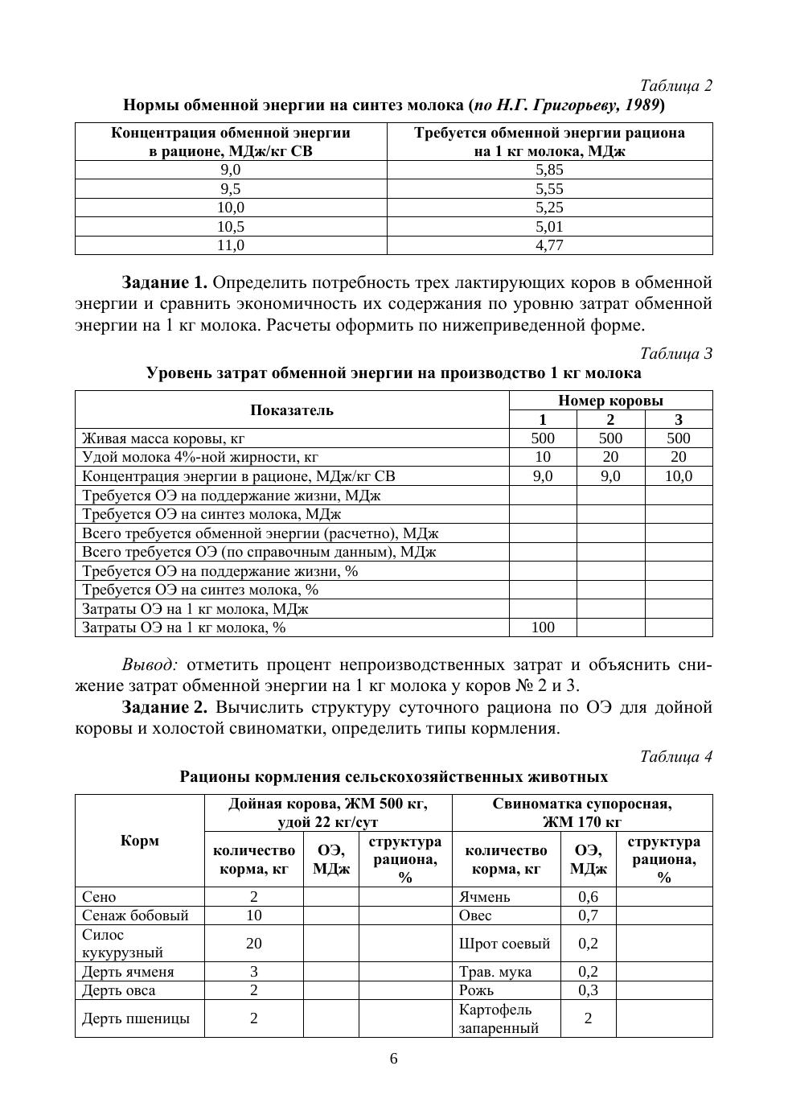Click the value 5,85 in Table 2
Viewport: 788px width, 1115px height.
pos(549,170)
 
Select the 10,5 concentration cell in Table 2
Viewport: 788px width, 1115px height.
pos(231,227)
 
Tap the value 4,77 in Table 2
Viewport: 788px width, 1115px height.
pos(549,245)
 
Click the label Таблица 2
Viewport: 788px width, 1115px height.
pos(675,85)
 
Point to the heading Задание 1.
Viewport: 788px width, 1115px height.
pos(165,283)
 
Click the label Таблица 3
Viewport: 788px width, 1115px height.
pos(675,353)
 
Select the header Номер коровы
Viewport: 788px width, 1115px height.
pos(610,401)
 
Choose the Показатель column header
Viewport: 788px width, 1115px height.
pos(292,410)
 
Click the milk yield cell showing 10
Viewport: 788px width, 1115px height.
pos(543,457)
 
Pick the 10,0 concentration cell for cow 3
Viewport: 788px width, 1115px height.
pos(678,476)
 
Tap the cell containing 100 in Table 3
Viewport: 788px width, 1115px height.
pos(543,627)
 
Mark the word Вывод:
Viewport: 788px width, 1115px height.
pos(149,665)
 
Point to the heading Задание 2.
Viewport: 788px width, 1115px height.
pos(165,707)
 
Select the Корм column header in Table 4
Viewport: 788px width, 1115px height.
pos(140,841)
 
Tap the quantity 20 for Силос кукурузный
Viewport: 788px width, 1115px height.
pos(253,944)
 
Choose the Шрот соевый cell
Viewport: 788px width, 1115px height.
pos(504,944)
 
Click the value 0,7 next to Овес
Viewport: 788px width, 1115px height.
pos(588,915)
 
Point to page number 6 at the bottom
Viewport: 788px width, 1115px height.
pos(394,1059)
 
